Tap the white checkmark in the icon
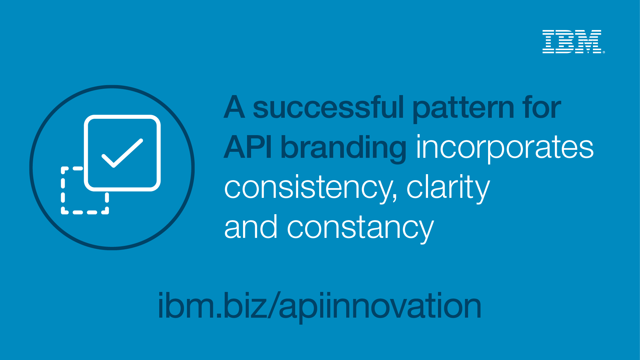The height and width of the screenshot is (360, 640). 122,153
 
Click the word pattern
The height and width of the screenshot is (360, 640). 463,109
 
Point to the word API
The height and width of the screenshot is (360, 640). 248,147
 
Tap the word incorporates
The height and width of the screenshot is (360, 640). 505,148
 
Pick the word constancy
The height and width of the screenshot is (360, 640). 361,229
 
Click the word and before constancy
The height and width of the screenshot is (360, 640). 251,227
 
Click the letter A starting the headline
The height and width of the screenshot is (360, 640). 234,107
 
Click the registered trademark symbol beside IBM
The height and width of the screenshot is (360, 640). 604,52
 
